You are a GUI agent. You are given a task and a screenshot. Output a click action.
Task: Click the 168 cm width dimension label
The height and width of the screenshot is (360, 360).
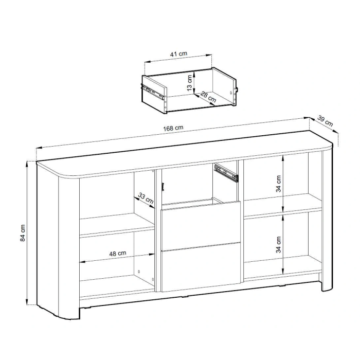click(x=173, y=128)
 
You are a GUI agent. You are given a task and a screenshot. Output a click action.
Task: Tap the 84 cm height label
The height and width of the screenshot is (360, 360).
click(x=23, y=233)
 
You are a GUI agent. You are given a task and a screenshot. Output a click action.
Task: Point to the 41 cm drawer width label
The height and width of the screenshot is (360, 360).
click(x=178, y=54)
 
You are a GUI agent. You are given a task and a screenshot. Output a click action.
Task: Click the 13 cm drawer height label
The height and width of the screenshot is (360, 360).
click(x=189, y=83)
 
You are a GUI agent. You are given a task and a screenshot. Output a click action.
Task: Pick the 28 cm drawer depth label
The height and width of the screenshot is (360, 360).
click(x=208, y=97)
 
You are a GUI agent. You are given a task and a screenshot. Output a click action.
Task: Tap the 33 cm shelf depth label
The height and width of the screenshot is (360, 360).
click(x=146, y=199)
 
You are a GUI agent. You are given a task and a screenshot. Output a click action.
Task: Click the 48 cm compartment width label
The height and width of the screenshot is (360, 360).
click(x=118, y=254)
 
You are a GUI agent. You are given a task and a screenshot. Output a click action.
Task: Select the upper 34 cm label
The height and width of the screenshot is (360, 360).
click(x=278, y=184)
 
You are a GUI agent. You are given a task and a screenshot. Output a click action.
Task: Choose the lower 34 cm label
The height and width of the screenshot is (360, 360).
click(x=278, y=245)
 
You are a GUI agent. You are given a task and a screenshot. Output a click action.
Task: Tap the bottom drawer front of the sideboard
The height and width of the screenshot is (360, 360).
click(x=201, y=267)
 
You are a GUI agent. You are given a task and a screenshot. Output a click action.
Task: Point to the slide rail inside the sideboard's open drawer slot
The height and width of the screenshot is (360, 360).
click(x=226, y=172)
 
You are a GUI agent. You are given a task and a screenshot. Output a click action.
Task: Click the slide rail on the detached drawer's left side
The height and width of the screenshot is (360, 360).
click(x=152, y=92)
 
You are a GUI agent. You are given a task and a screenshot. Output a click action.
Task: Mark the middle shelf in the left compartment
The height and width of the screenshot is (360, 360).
click(x=117, y=225)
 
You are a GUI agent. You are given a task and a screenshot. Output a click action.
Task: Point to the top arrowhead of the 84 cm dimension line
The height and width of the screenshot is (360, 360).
click(x=27, y=163)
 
